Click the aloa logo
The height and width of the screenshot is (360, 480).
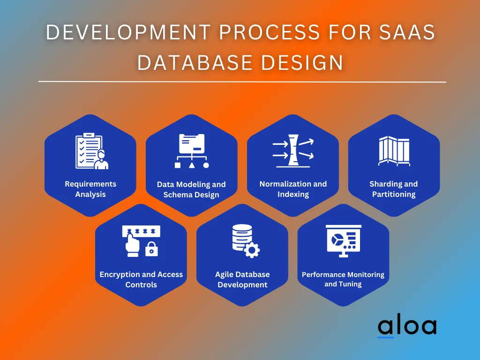[406, 327]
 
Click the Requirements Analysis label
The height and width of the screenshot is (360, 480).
[90, 189]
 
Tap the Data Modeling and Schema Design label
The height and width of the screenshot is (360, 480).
[191, 189]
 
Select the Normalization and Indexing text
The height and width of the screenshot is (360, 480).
[293, 189]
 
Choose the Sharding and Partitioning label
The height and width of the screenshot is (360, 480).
[394, 189]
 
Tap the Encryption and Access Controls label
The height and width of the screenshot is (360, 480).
[141, 279]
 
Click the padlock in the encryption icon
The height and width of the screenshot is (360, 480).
[151, 250]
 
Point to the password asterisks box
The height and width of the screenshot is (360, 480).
[141, 231]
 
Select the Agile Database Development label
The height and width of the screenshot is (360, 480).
[242, 279]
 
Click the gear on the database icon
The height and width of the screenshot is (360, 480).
[252, 251]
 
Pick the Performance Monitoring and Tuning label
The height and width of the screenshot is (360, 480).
[343, 279]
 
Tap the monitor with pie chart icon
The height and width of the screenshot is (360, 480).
[344, 240]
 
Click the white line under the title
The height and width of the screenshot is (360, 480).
[242, 82]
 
